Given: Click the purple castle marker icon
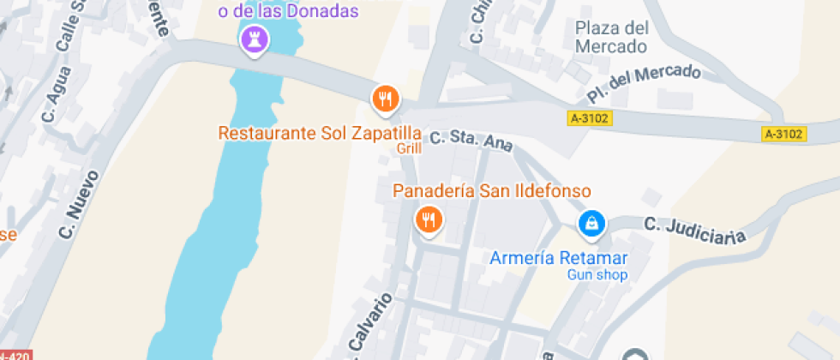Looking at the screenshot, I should pyautogui.click(x=255, y=39).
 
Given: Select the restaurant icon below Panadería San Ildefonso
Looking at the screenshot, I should pyautogui.click(x=428, y=220).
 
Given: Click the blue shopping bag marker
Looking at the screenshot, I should pyautogui.click(x=591, y=225).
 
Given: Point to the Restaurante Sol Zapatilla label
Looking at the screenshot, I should pyautogui.click(x=320, y=134).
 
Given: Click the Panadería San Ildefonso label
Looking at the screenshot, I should pyautogui.click(x=492, y=190).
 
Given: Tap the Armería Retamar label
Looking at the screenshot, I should pyautogui.click(x=559, y=258).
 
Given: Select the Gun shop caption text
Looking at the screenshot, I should pyautogui.click(x=597, y=275).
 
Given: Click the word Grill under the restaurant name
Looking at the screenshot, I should pyautogui.click(x=409, y=148).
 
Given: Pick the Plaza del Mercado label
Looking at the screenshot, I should pyautogui.click(x=610, y=37).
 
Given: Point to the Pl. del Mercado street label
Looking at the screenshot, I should pyautogui.click(x=644, y=84).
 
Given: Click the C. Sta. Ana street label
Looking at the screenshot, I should pyautogui.click(x=471, y=141).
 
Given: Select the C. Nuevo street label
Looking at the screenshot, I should pyautogui.click(x=78, y=205).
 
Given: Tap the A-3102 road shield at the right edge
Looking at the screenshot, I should pyautogui.click(x=783, y=134).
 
